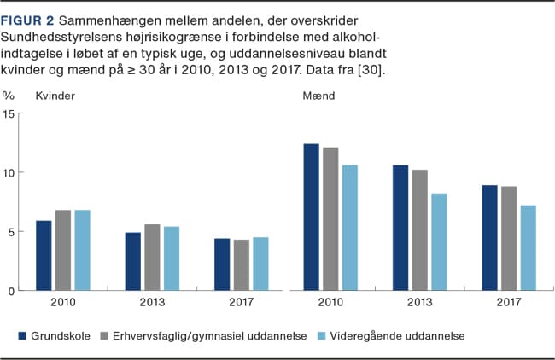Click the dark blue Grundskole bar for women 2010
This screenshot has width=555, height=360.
(44, 256)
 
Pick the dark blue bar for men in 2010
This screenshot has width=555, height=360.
(311, 218)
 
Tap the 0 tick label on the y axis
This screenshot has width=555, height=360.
(11, 291)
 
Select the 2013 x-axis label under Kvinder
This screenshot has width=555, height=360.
(153, 302)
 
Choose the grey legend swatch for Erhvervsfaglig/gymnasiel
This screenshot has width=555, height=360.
(106, 336)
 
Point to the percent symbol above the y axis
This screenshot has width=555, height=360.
(9, 96)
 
